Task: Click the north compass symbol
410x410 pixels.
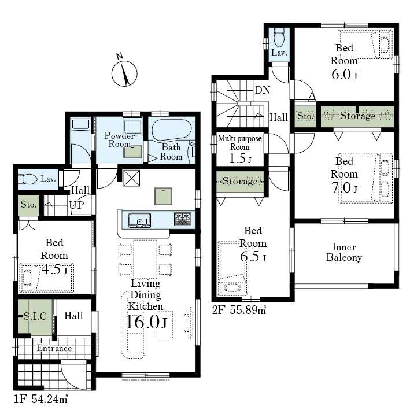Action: [x=124, y=71]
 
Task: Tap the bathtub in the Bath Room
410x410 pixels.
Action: [x=172, y=130]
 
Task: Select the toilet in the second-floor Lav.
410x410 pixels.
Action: [x=279, y=38]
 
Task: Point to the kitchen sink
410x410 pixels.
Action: [x=139, y=220]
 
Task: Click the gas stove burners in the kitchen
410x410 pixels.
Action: [x=183, y=219]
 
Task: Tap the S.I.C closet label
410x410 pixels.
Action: [x=35, y=316]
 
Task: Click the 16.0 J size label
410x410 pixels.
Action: [x=146, y=322]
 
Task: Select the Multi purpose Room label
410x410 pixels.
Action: [x=240, y=142]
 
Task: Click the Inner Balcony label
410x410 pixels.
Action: [x=344, y=252]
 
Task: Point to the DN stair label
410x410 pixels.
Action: [x=263, y=90]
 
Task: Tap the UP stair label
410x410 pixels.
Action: [x=77, y=205]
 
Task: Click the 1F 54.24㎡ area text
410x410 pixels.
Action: [x=41, y=399]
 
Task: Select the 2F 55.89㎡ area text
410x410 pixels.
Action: [x=239, y=310]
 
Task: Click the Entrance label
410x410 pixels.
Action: [x=54, y=348]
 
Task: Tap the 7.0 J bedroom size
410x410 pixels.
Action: [x=344, y=187]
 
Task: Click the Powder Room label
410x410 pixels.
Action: [x=120, y=139]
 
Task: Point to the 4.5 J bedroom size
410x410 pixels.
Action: [x=54, y=269]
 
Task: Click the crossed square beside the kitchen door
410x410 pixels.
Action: [x=131, y=178]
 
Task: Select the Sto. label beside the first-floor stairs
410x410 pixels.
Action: [x=29, y=205]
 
